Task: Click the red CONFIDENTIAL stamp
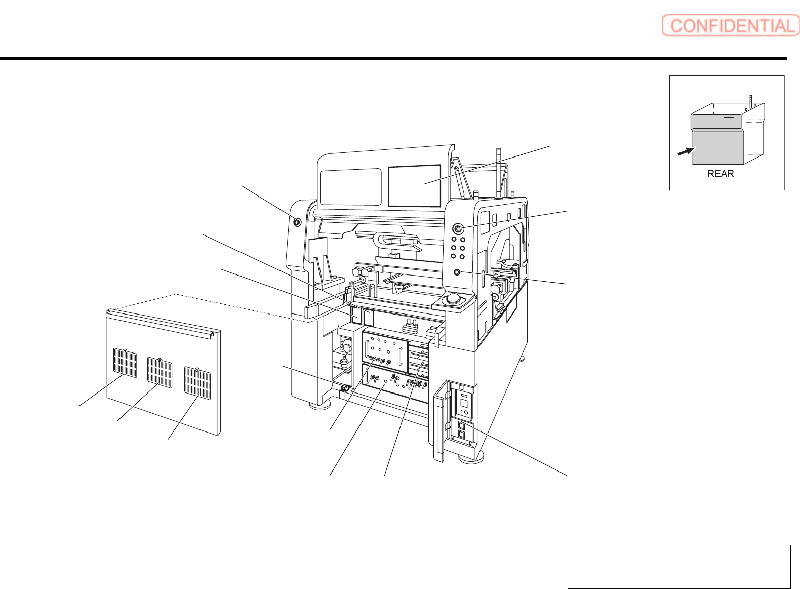point(731,25)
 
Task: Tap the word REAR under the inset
point(721,174)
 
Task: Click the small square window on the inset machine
point(729,122)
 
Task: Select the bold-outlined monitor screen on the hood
point(414,186)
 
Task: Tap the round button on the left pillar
point(297,222)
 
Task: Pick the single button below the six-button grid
point(457,272)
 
